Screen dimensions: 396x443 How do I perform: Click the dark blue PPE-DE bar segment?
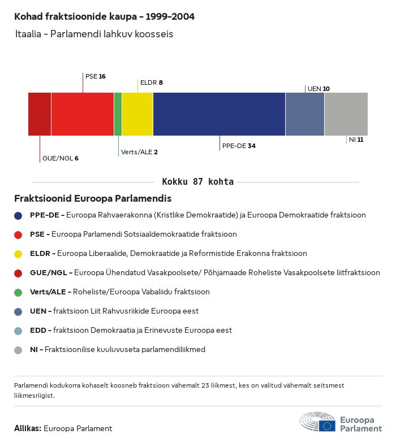219,114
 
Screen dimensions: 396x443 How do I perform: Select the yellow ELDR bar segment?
137,114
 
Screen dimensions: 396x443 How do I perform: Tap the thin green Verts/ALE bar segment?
118,114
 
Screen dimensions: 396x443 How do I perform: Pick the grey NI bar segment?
346,114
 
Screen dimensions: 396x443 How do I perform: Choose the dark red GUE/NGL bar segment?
40,114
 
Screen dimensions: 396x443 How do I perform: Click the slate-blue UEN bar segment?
305,114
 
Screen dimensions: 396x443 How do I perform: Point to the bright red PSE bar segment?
83,114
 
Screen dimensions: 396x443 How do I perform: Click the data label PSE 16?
96,76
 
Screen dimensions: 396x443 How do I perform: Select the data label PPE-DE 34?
239,146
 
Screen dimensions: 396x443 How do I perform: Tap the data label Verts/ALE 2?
139,152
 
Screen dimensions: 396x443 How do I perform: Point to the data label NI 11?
356,140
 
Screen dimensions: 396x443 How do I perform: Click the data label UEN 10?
319,89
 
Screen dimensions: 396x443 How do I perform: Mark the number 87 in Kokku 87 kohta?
198,182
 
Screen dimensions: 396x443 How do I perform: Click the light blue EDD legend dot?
18,331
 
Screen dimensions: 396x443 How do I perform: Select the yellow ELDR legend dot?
18,254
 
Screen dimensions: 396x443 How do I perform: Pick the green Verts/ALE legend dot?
18,293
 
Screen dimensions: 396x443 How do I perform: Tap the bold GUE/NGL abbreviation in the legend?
49,272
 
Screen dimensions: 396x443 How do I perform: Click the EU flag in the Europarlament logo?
327,425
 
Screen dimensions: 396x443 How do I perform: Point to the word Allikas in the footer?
28,428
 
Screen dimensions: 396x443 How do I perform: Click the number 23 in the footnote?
205,385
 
